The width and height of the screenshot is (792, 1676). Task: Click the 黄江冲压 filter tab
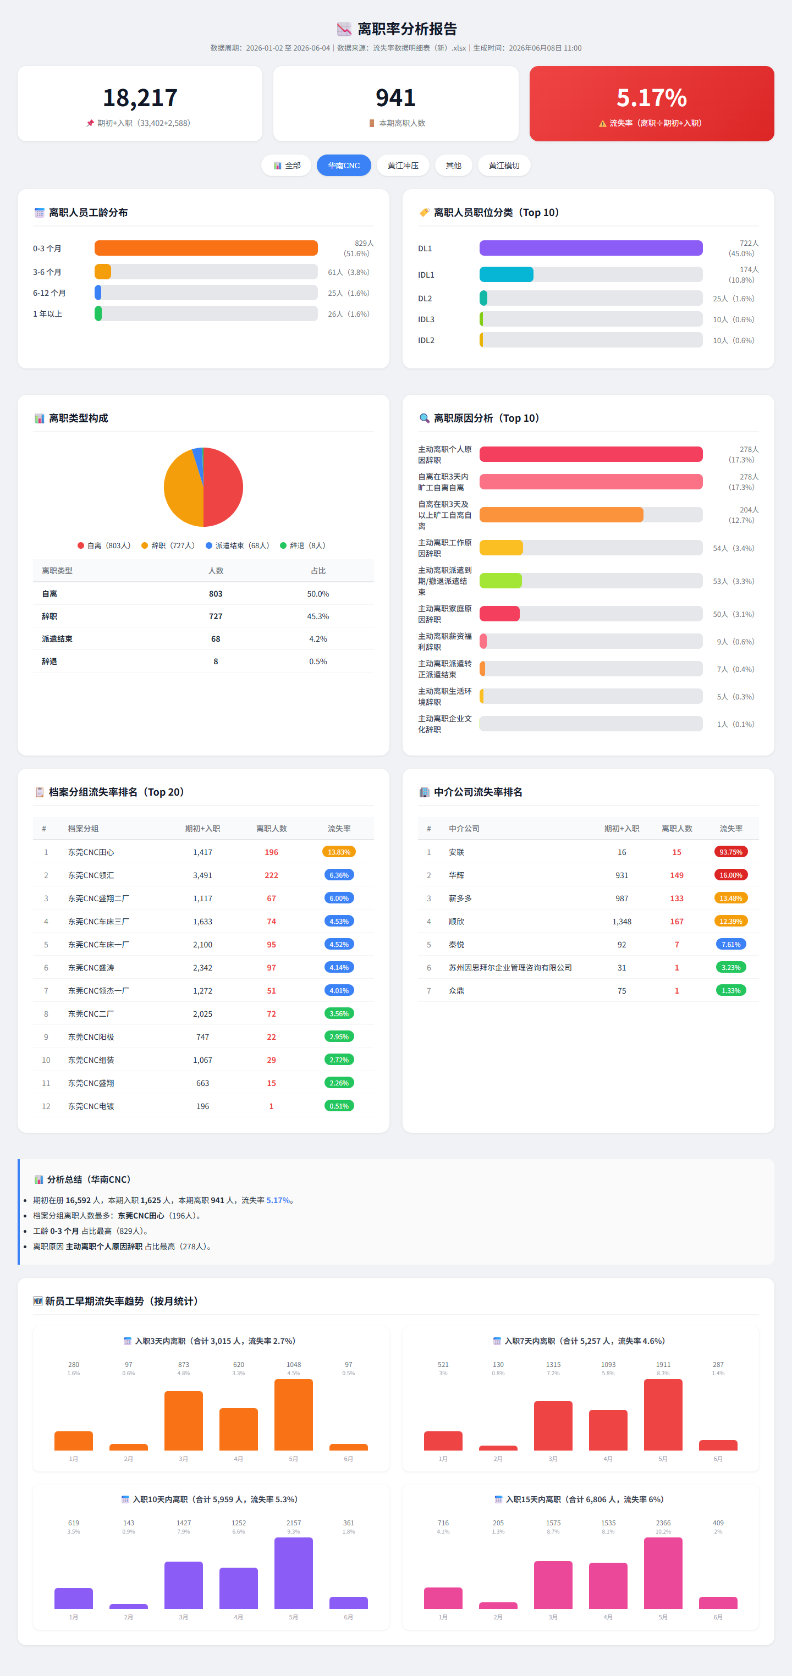pyautogui.click(x=403, y=166)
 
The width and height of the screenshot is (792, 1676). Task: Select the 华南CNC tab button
pyautogui.click(x=344, y=166)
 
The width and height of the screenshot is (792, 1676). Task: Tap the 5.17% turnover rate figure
pyautogui.click(x=651, y=97)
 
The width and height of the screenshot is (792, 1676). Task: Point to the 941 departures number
pyautogui.click(x=395, y=97)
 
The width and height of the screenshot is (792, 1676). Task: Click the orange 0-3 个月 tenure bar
pyautogui.click(x=206, y=248)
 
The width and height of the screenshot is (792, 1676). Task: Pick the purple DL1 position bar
pyautogui.click(x=591, y=248)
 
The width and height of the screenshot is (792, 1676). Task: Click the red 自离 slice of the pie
pyautogui.click(x=223, y=487)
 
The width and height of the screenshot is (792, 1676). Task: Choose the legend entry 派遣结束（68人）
pyautogui.click(x=238, y=545)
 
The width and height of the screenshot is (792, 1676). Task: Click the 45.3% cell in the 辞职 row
pyautogui.click(x=318, y=616)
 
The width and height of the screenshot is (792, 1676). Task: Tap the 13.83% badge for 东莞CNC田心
pyautogui.click(x=339, y=852)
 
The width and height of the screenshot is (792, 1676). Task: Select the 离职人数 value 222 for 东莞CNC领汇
pyautogui.click(x=271, y=875)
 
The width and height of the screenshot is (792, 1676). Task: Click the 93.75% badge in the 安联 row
pyautogui.click(x=731, y=852)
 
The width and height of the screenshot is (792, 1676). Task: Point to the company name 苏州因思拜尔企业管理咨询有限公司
pyautogui.click(x=510, y=967)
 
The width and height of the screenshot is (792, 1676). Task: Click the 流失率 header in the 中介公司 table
pyautogui.click(x=731, y=828)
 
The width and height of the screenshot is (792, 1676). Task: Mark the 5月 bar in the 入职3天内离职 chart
pyautogui.click(x=294, y=1414)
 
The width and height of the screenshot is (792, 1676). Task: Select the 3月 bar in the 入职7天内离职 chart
pyautogui.click(x=553, y=1425)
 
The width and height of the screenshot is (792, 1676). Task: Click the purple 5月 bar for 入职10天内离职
pyautogui.click(x=294, y=1573)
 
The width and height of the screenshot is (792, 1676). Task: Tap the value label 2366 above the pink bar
pyautogui.click(x=663, y=1523)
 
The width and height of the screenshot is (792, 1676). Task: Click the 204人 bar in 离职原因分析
pyautogui.click(x=562, y=515)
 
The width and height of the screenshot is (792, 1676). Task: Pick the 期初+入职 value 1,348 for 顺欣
pyautogui.click(x=621, y=921)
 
